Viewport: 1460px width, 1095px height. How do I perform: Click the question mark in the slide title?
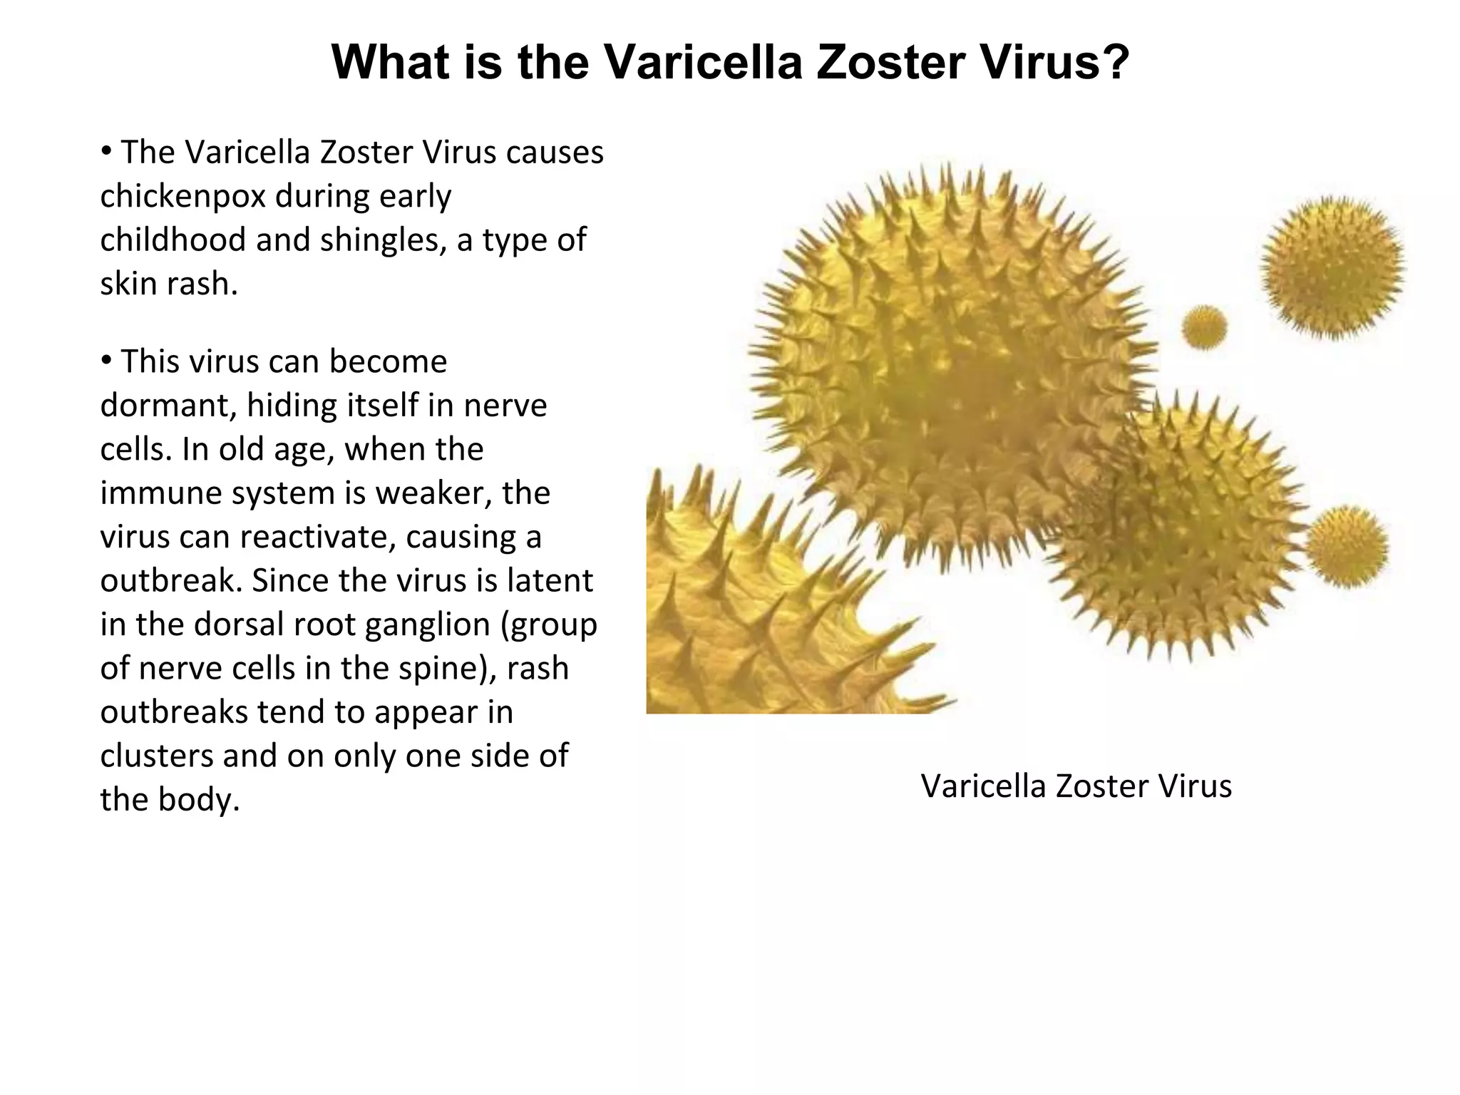pyautogui.click(x=1112, y=63)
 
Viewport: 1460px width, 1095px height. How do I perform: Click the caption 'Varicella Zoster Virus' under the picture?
pyautogui.click(x=1076, y=786)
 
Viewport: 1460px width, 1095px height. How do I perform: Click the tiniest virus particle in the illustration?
pyautogui.click(x=1204, y=328)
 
